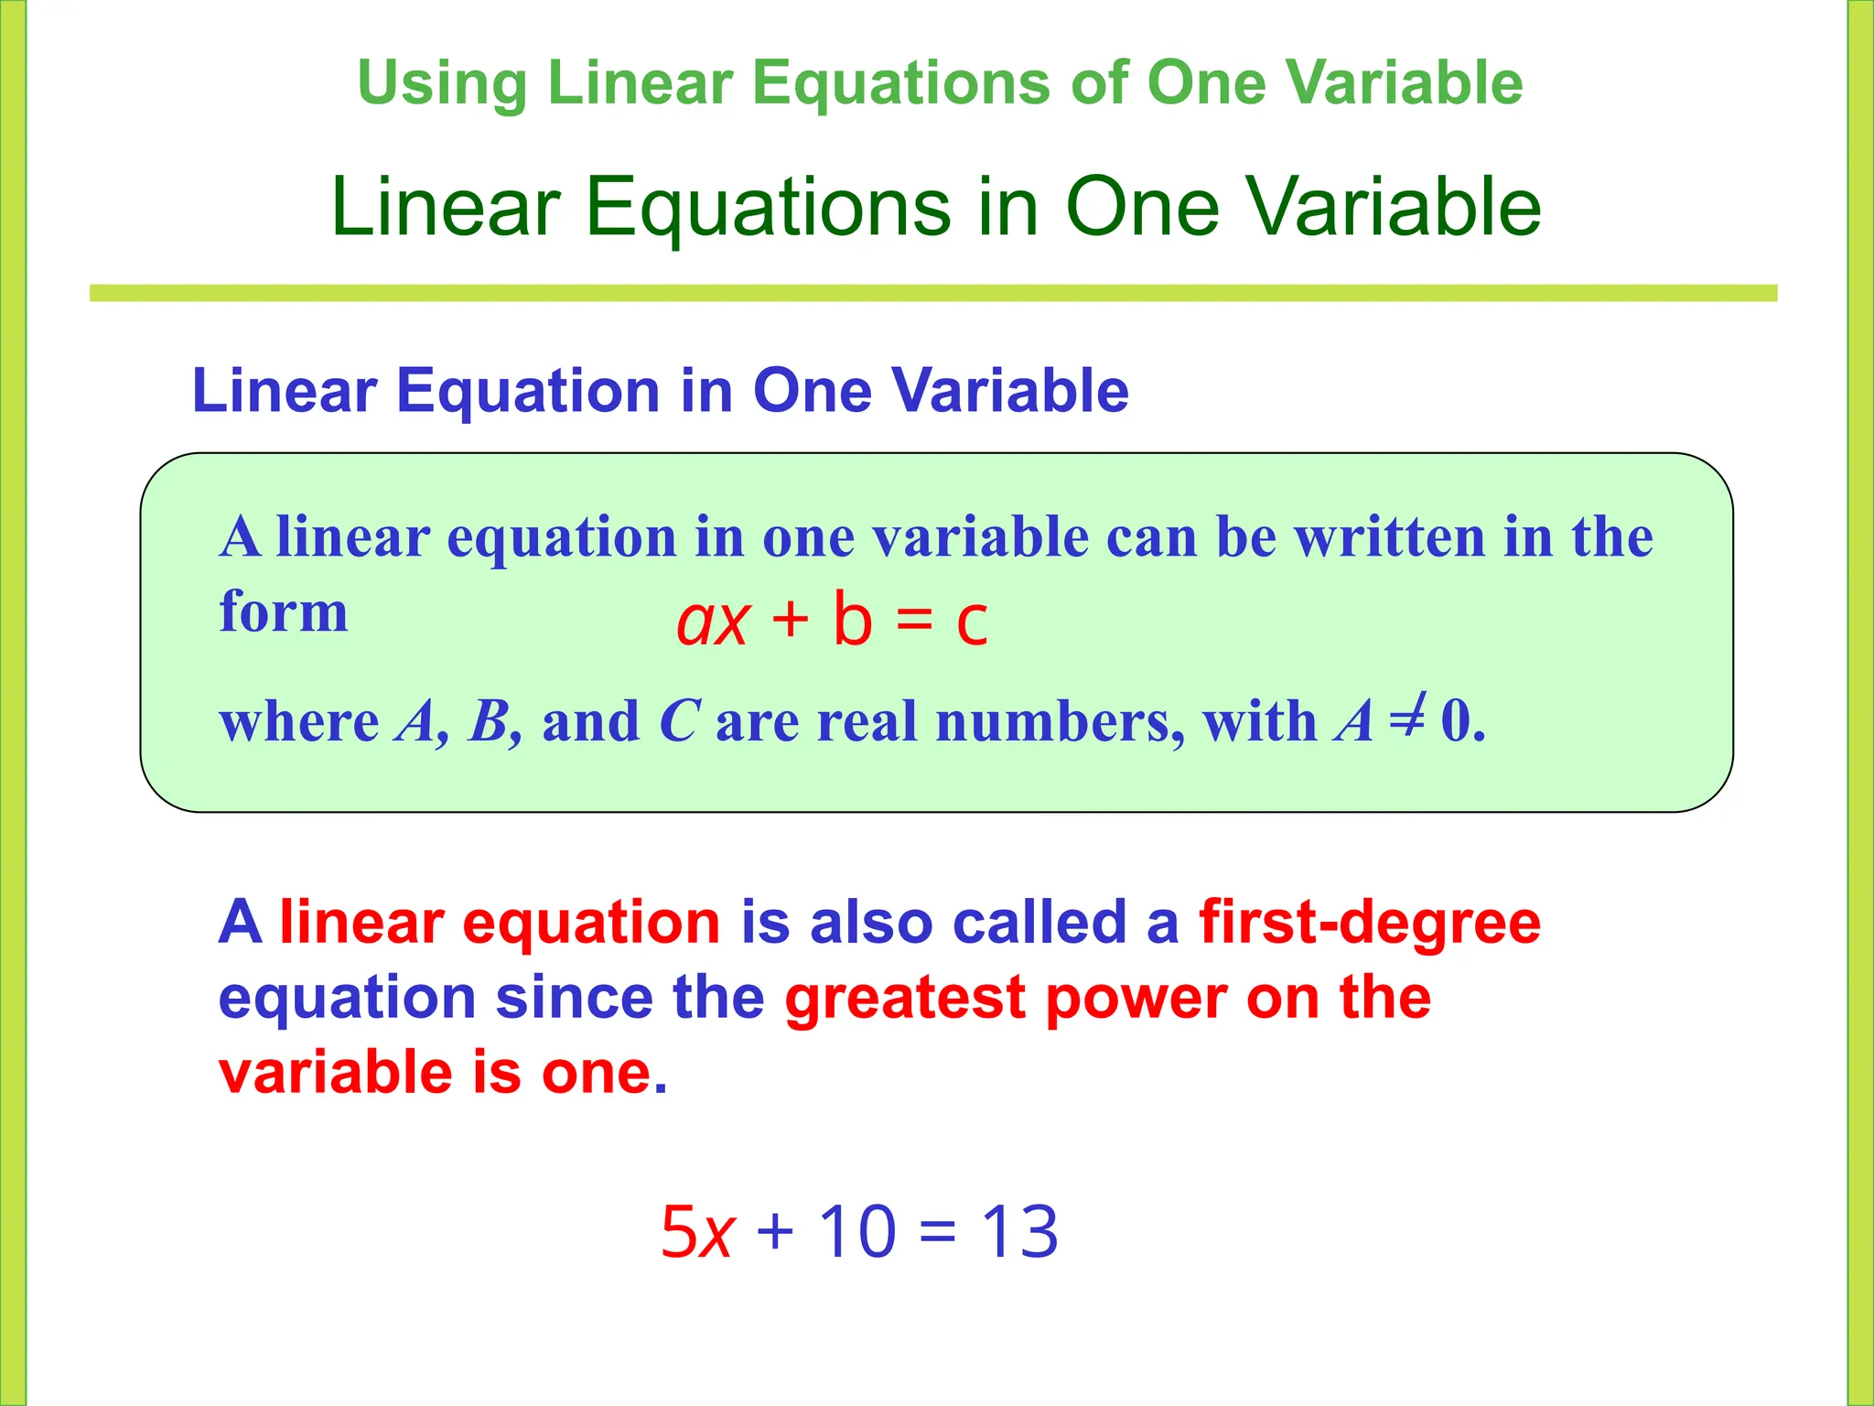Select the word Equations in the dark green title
769,208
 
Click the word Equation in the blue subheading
527,391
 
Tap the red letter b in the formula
852,619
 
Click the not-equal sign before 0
1407,719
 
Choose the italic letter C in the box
680,721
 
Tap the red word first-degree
1370,922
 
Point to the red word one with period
604,1073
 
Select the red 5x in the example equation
696,1232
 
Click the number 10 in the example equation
856,1231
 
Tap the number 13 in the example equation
1019,1231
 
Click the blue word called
1039,922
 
